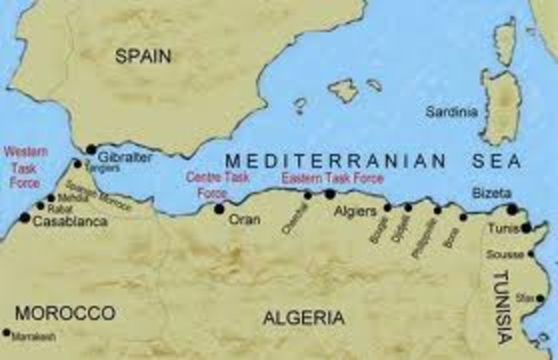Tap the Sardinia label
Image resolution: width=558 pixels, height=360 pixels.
(451, 111)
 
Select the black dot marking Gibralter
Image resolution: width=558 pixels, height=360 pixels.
(91, 149)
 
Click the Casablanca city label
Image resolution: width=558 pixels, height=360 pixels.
(70, 222)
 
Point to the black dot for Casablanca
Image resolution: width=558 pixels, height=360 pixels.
(24, 218)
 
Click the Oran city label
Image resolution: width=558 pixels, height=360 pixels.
(243, 220)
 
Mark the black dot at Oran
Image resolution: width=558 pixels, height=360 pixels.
(219, 208)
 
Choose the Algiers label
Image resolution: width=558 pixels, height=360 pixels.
(356, 211)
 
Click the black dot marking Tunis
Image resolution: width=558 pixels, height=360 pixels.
(526, 228)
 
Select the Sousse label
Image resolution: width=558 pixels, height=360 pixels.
(507, 255)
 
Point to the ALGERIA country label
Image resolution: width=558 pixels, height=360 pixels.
(303, 316)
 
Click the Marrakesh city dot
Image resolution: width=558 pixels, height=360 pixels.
(8, 333)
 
